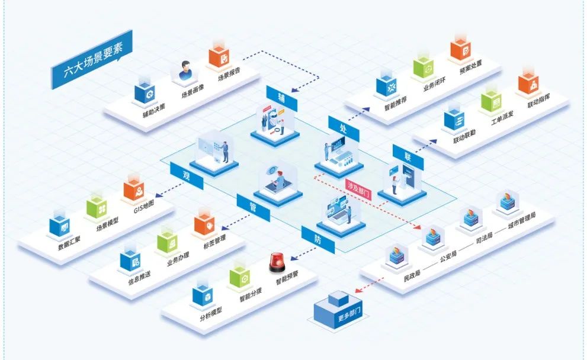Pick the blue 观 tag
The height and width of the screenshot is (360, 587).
coord(187,176)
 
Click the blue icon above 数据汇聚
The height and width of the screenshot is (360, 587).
coord(61,224)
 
